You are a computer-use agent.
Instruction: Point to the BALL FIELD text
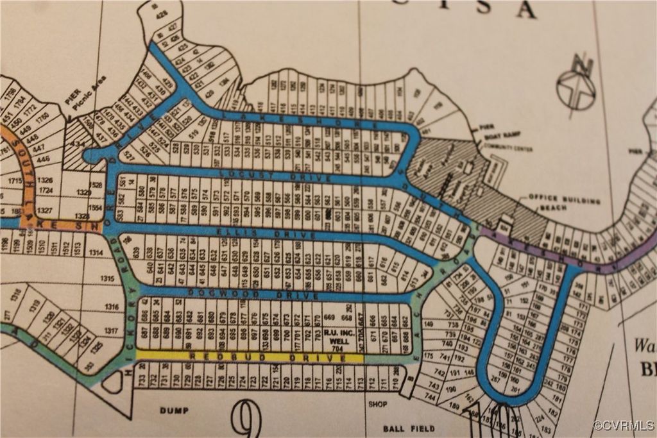409,428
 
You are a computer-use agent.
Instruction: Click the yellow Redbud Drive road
250,357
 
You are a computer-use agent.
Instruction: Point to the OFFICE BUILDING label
564,201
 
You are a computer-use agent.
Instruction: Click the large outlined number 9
246,419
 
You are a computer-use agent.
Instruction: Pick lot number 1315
107,278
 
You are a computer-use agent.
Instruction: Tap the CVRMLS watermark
623,425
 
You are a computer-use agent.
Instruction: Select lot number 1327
45,210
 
